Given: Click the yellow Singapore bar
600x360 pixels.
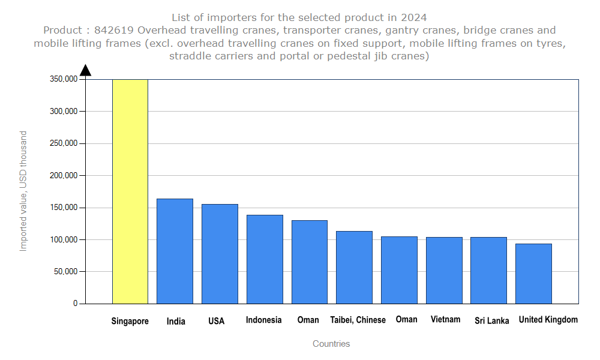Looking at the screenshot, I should (x=130, y=191).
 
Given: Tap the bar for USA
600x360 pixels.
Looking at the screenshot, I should (x=220, y=254).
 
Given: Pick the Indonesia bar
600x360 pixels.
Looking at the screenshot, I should (x=265, y=259).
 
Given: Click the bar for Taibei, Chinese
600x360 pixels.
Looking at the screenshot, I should (x=354, y=267).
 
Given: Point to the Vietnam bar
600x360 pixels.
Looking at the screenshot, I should (x=444, y=270).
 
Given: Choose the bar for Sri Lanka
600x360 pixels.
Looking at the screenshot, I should (x=488, y=270).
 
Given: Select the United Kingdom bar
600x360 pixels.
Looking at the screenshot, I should (x=533, y=274).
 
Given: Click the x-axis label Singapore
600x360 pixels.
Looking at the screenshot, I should (x=130, y=321).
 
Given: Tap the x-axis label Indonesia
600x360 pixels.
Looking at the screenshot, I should (x=263, y=320).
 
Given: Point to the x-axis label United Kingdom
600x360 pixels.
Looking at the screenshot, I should (x=548, y=320).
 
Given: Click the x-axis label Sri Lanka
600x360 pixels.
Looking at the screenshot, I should (x=492, y=321).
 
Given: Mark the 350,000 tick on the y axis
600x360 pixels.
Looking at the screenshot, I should (x=62, y=79).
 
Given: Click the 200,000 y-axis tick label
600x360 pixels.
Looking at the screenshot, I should (x=62, y=175).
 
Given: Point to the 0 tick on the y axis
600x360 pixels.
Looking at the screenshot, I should (x=76, y=304).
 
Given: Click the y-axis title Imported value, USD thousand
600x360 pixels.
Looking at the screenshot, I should (x=23, y=191).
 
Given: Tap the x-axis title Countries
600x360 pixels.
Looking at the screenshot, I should (x=331, y=344).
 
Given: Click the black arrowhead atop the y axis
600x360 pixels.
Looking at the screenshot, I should (x=85, y=70).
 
